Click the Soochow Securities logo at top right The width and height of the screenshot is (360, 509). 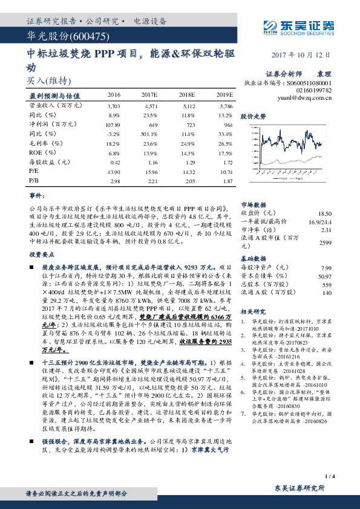tap(299, 26)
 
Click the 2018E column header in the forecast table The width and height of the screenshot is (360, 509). tap(186, 95)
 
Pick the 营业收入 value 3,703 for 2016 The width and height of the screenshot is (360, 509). tap(114, 105)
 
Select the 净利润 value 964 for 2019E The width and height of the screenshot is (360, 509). tap(224, 124)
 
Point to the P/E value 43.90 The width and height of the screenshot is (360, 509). tap(114, 172)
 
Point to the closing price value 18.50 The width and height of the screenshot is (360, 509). tap(325, 213)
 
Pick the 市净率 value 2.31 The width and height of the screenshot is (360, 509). tap(326, 230)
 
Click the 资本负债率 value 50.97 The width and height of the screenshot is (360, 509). tap(325, 276)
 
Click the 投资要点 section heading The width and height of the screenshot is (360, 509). tap(42, 254)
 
